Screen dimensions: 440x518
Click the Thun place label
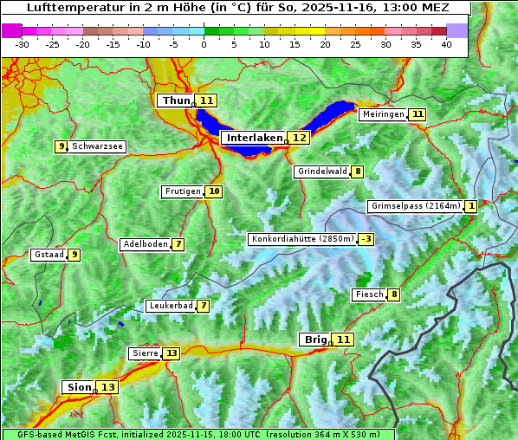(176, 101)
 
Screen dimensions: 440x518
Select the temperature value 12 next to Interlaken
(299, 138)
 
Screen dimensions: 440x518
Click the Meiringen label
(383, 114)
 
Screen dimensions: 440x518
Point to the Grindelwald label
(322, 171)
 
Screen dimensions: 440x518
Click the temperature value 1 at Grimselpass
(470, 206)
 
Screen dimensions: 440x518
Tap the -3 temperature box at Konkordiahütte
(366, 239)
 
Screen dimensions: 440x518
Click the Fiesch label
(369, 294)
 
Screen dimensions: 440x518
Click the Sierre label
(145, 353)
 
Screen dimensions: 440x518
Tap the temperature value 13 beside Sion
(107, 387)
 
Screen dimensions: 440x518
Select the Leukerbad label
(170, 306)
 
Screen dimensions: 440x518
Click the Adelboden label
(145, 244)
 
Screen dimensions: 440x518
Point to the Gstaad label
(49, 255)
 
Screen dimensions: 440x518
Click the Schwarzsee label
(97, 146)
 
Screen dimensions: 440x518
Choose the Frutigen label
(183, 191)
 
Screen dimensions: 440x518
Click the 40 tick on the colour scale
(446, 44)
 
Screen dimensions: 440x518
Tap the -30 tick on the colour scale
(23, 44)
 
